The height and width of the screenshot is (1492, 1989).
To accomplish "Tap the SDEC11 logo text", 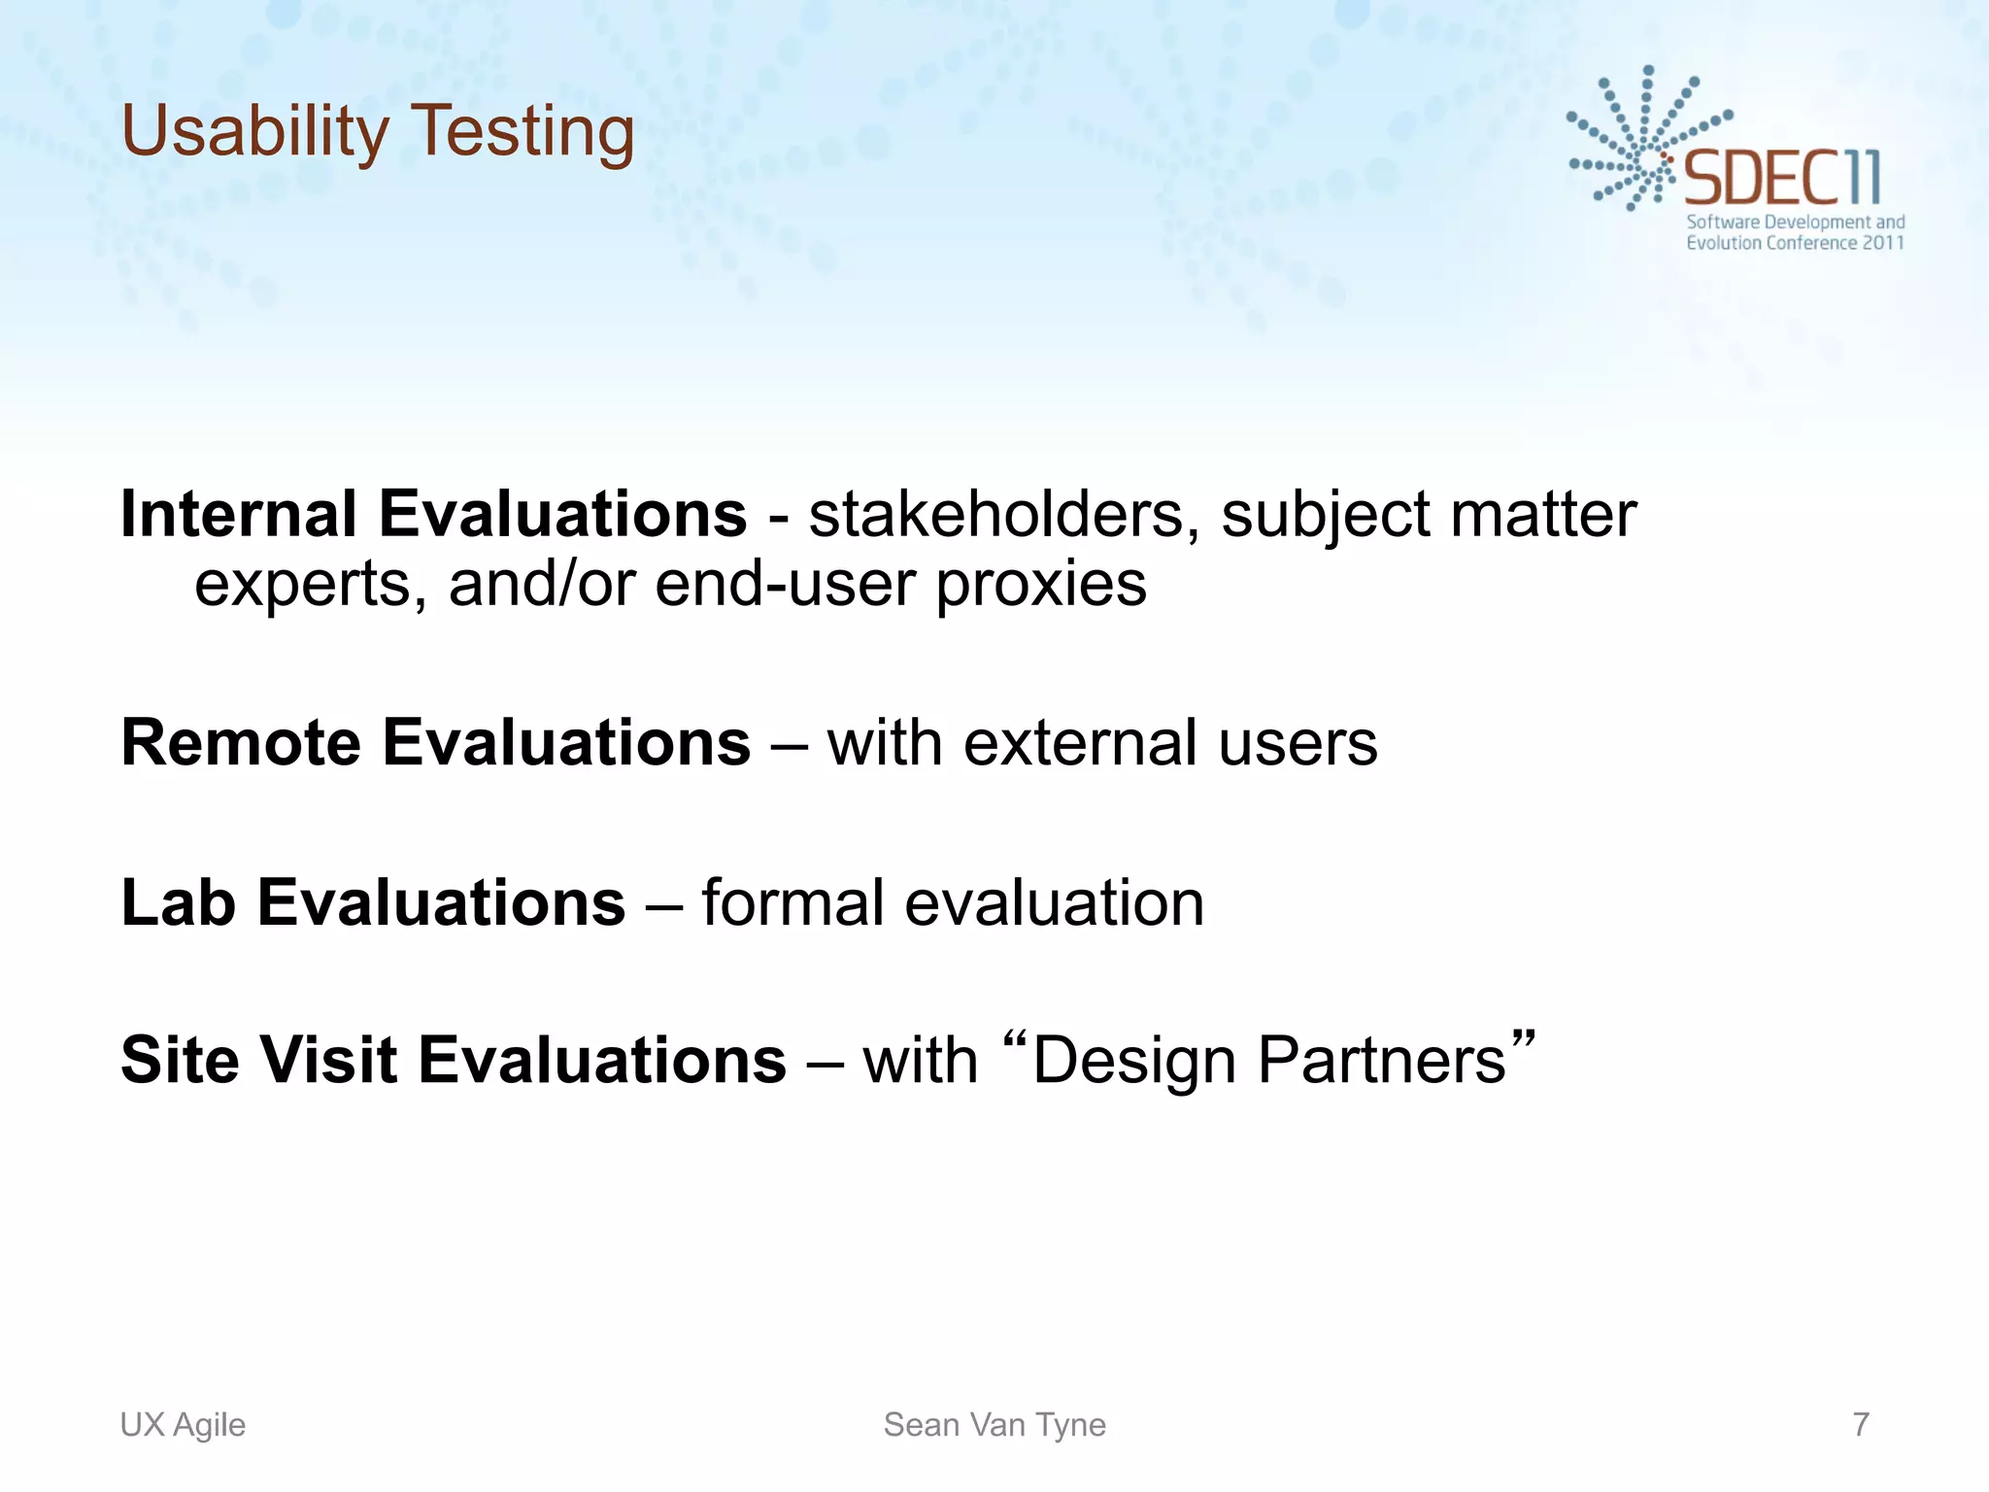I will (1781, 178).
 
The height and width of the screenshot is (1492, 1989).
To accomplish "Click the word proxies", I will (1041, 584).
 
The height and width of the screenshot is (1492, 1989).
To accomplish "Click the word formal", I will (792, 902).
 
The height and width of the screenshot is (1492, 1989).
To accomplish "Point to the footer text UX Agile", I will (183, 1424).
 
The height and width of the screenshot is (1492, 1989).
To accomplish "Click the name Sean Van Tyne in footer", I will (994, 1424).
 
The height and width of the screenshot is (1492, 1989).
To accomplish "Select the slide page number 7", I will (1860, 1424).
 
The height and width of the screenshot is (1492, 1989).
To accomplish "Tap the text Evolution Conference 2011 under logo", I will (1794, 243).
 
